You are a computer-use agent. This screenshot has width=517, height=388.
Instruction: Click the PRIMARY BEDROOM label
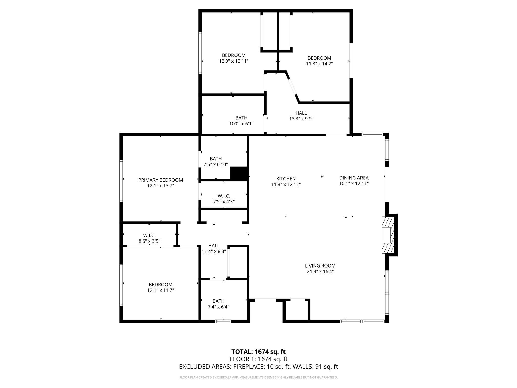(x=161, y=180)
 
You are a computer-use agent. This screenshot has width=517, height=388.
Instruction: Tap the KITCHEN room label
(x=286, y=179)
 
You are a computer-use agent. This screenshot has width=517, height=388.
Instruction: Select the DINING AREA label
(x=354, y=178)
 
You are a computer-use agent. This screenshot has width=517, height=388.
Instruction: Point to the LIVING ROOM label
(x=320, y=266)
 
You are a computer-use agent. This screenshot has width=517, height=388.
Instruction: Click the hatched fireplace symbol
(x=387, y=235)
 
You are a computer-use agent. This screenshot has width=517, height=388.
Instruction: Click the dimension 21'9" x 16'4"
(x=320, y=272)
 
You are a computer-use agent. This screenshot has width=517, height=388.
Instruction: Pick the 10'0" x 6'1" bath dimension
(x=241, y=124)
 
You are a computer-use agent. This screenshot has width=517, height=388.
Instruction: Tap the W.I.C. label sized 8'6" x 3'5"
(x=149, y=236)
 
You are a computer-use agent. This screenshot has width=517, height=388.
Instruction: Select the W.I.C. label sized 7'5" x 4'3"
(x=224, y=196)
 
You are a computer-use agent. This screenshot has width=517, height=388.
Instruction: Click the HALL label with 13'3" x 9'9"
(x=301, y=113)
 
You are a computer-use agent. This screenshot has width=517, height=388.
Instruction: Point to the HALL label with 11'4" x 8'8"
(x=214, y=246)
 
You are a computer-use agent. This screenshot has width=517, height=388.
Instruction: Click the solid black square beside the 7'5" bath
(x=239, y=174)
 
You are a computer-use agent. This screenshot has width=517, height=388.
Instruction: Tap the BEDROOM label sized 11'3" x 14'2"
(x=319, y=58)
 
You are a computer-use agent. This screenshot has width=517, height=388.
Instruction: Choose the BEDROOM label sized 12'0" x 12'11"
(x=234, y=55)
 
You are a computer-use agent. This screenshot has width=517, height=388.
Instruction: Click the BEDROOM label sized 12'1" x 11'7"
(x=161, y=285)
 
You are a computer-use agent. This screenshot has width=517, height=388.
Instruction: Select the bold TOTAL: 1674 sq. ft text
(x=258, y=352)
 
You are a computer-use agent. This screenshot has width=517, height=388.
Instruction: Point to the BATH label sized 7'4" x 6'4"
(x=218, y=301)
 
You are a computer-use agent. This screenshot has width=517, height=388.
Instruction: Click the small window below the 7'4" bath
(x=223, y=321)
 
